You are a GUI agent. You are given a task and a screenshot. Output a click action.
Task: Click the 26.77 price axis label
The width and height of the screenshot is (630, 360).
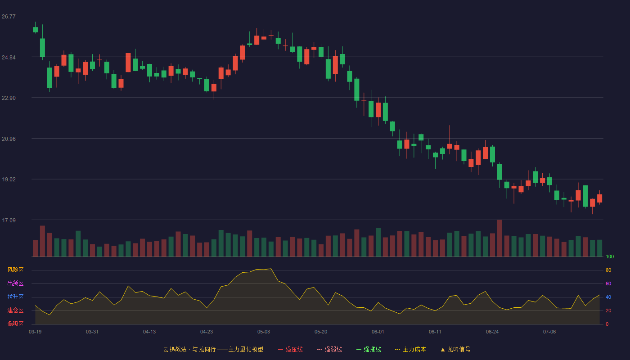point(9,17)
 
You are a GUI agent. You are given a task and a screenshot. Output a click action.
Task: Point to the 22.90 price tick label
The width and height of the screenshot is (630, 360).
point(9,98)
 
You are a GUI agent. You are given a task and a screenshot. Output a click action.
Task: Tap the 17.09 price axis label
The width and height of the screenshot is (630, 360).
point(9,220)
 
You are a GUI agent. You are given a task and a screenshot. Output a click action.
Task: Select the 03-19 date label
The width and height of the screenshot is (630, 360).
point(35,332)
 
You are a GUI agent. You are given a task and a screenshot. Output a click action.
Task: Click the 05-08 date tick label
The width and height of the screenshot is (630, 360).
point(264,332)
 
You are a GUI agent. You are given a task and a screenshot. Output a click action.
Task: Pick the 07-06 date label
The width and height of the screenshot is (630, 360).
point(549,332)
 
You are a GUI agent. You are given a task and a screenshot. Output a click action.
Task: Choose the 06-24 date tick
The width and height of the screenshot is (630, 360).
point(492,332)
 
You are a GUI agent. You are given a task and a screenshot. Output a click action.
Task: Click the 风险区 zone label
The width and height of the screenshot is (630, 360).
point(15,270)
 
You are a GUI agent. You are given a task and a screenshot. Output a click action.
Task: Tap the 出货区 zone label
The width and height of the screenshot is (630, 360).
point(15,283)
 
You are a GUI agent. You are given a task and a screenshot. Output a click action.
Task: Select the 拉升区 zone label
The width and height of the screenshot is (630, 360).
point(15,297)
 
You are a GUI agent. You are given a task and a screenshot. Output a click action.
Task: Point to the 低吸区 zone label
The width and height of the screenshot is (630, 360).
point(15,324)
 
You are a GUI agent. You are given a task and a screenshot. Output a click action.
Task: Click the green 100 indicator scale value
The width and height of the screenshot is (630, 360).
point(610,256)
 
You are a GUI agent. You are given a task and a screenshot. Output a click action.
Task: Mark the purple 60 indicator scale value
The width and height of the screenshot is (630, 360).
point(608,283)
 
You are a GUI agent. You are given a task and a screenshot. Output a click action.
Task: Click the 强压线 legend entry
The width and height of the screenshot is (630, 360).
point(290,349)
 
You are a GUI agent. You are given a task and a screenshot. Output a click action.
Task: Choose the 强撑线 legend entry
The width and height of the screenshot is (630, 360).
point(369,349)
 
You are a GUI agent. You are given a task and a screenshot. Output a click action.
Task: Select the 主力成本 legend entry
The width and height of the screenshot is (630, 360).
point(410,349)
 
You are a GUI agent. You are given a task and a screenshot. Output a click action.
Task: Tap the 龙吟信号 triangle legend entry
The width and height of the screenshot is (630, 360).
point(455,349)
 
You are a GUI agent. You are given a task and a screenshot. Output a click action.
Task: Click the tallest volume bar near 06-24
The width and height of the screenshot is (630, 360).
point(499,238)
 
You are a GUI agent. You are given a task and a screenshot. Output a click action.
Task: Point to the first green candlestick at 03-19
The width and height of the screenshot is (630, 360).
point(35,30)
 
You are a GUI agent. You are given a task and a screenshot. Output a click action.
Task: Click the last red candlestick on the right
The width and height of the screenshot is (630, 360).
point(599,198)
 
